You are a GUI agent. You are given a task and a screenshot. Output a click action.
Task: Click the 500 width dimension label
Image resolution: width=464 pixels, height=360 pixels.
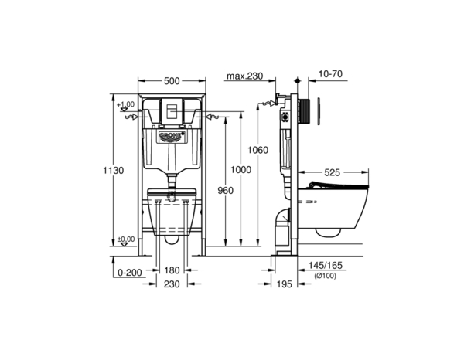[x=172, y=80]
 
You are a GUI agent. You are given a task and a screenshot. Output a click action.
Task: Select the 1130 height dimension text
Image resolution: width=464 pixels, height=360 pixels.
[x=114, y=171]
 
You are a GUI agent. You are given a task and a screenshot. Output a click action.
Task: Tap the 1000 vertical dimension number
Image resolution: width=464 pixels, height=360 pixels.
[x=241, y=170]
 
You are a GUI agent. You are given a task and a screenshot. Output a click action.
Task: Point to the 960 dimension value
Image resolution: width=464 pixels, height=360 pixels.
[x=226, y=191]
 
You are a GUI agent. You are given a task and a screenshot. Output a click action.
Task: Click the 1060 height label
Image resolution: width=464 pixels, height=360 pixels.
[x=258, y=150]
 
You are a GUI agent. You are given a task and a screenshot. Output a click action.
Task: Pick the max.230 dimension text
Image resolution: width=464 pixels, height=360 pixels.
[x=244, y=76]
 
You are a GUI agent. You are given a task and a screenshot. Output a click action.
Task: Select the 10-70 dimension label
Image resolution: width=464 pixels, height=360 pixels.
[x=330, y=73]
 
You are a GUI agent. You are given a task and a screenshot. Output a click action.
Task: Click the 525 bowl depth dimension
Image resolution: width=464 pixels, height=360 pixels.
[x=332, y=172]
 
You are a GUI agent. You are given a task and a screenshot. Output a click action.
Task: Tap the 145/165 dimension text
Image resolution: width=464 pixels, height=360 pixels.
[x=326, y=265]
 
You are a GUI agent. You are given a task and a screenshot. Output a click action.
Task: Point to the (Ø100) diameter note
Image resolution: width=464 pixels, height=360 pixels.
[x=325, y=276]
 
